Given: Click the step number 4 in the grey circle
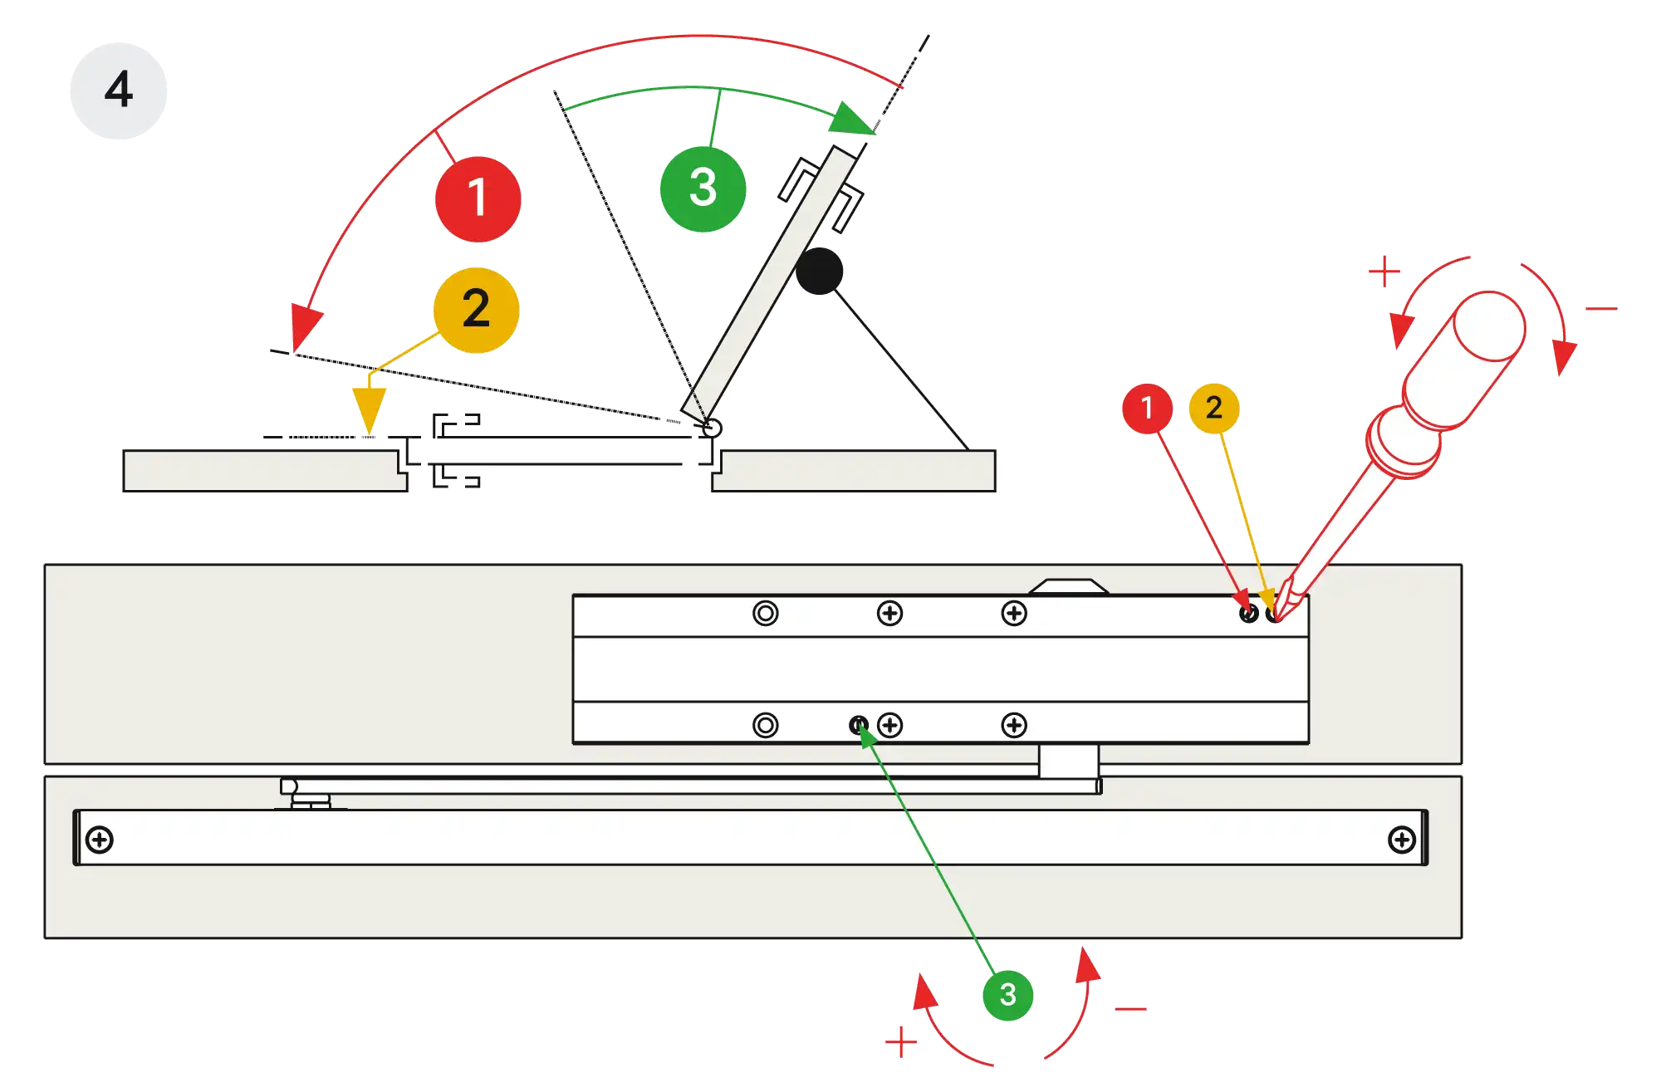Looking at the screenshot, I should point(119,89).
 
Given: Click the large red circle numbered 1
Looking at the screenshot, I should point(478,198).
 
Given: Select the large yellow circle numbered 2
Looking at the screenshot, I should point(476,309).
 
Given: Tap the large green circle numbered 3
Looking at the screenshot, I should point(703,188).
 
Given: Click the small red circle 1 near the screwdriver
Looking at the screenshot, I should point(1147,408).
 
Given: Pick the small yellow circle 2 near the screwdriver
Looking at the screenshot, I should point(1213,407).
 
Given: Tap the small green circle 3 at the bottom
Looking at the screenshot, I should point(1007,994).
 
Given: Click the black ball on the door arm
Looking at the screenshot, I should point(819,271).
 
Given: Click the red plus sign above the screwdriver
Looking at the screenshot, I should point(1384,272).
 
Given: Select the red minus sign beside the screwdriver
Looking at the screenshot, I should point(1600,309).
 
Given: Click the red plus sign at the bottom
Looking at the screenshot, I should point(900,1042).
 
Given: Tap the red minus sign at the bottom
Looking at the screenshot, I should point(1130,1009).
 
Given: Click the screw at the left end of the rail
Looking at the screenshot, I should point(100,840).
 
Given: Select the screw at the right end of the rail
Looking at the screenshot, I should point(1402,840).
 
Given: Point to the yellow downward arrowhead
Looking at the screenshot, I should point(368,409).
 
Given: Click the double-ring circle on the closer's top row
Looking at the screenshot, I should point(765,614).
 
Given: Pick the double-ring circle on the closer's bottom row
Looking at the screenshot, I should point(765,725).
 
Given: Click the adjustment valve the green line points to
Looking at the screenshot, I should point(859,725).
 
